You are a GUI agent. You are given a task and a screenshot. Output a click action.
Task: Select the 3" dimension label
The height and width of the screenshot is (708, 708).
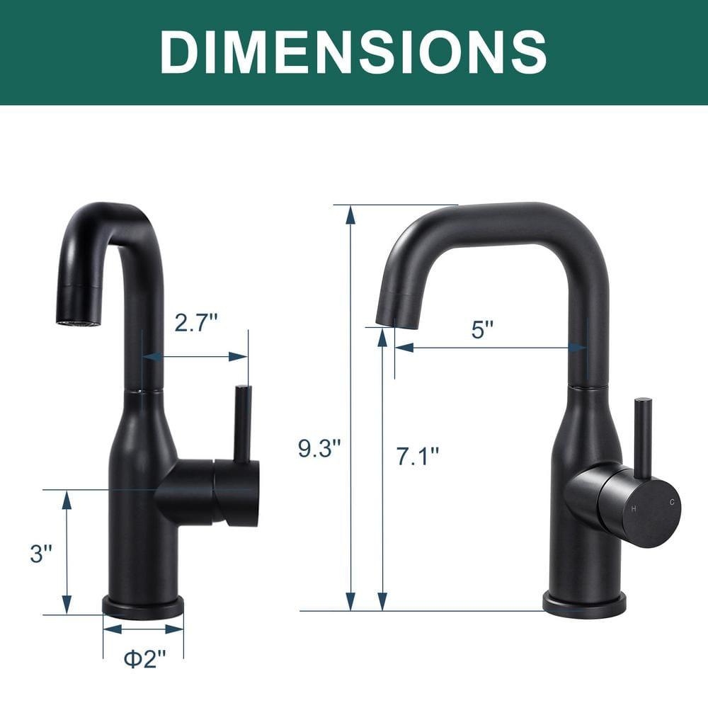tap(42, 553)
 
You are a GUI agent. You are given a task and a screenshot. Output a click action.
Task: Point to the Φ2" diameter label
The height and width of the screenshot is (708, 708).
tap(144, 658)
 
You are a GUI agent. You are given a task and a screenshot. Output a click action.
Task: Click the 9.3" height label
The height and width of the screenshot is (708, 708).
tap(319, 447)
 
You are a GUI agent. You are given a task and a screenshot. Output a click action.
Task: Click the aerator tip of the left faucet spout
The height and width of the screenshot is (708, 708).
tap(79, 323)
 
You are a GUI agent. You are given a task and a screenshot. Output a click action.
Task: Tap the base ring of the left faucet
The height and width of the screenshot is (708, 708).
tap(143, 607)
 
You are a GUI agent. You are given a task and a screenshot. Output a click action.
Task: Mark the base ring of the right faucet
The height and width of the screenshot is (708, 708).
tap(584, 605)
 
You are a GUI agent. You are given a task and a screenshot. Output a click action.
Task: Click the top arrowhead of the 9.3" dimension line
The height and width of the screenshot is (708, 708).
tap(350, 214)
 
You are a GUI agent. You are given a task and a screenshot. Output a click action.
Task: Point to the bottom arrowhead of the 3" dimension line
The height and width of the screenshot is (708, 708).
tap(67, 605)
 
